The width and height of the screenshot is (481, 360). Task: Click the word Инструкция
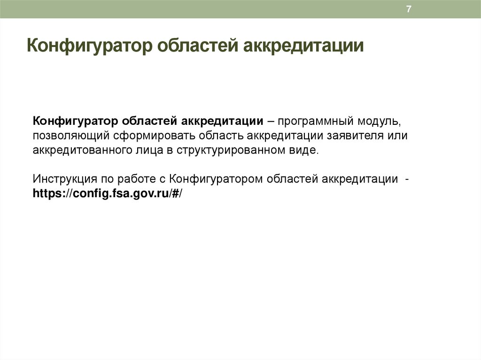62,179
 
